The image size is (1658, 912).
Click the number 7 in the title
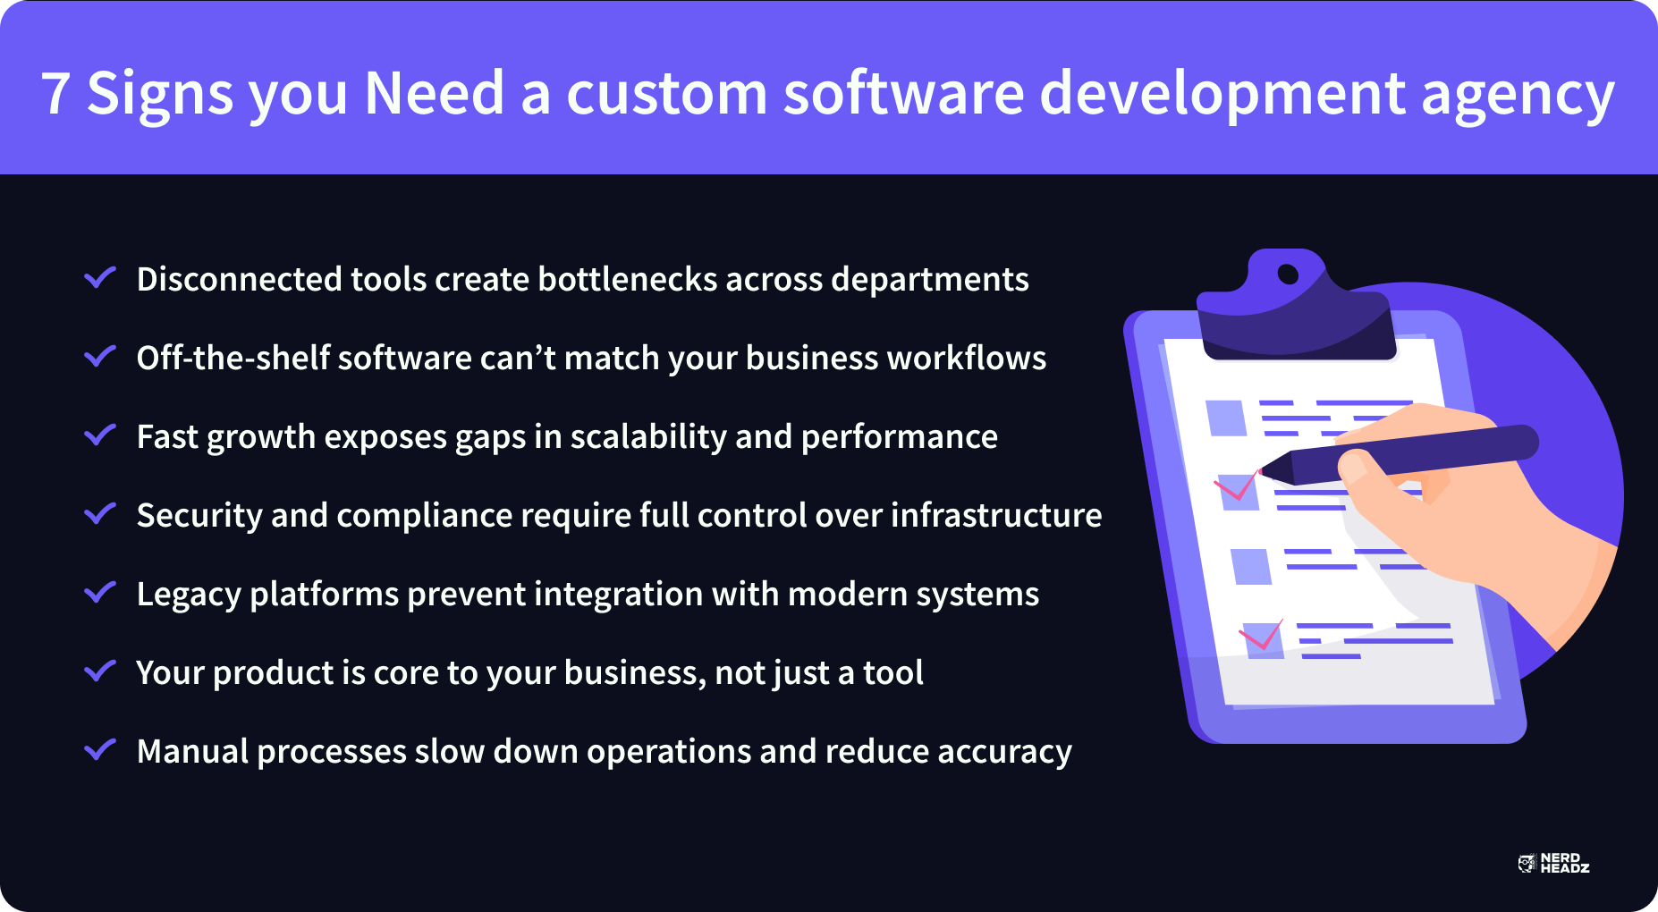point(55,93)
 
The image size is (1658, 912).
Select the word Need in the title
point(435,93)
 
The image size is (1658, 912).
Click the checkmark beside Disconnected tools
point(100,277)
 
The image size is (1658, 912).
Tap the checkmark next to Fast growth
point(100,435)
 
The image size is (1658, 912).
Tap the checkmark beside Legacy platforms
point(100,592)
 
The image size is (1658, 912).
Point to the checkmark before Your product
point(100,671)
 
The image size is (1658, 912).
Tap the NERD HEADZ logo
point(1554,863)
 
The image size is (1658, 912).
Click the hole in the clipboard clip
point(1288,274)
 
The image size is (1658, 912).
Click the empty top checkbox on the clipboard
point(1226,418)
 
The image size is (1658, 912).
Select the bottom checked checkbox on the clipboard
point(1264,640)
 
